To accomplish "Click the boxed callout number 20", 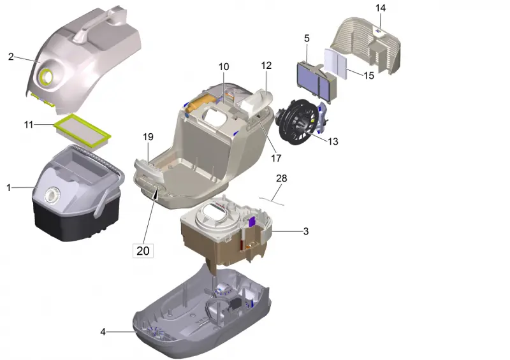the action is click(x=143, y=251).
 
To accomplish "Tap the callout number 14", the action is click(x=381, y=8).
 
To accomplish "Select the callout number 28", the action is click(x=282, y=178).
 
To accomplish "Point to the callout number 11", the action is click(x=29, y=124).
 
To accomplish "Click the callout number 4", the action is click(x=103, y=332).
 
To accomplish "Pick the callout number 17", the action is click(x=276, y=158).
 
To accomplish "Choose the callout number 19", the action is click(x=148, y=137).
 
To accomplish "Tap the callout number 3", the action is click(x=306, y=231).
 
